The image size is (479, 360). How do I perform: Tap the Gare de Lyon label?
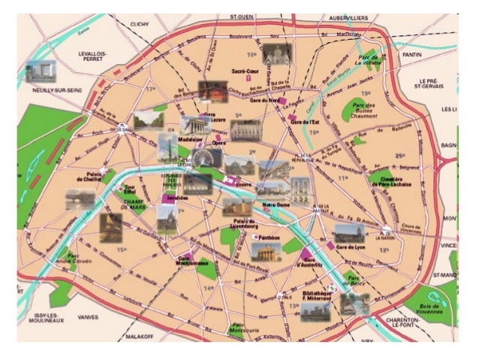coord(351,247)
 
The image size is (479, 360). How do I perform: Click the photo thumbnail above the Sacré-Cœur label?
coord(278,53)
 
